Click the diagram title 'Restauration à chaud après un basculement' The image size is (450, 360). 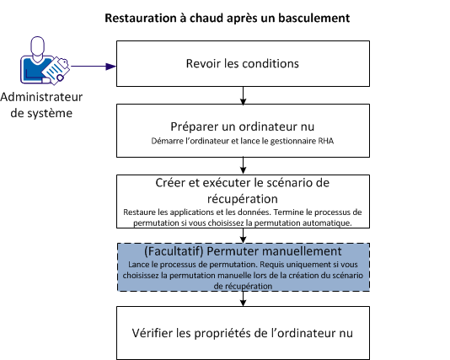click(x=227, y=17)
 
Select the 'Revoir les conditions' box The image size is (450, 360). click(x=243, y=63)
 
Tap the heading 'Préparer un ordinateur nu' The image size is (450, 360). click(x=243, y=124)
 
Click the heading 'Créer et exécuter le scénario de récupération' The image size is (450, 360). click(x=243, y=190)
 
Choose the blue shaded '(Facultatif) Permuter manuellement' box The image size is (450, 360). click(x=243, y=268)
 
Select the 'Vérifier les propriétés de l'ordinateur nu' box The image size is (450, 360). click(x=243, y=331)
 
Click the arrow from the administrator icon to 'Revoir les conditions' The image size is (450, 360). click(x=93, y=65)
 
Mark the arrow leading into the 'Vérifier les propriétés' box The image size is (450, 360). click(x=243, y=298)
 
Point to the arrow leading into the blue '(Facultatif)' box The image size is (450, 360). click(x=243, y=235)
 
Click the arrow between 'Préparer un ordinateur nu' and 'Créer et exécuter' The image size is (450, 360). click(x=243, y=164)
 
